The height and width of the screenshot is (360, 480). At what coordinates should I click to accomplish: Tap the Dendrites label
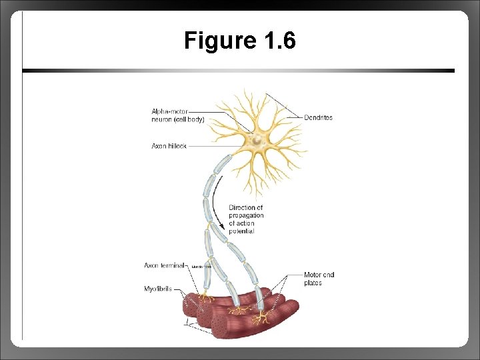pyautogui.click(x=318, y=118)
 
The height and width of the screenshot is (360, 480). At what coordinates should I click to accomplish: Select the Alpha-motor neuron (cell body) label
pyautogui.click(x=177, y=115)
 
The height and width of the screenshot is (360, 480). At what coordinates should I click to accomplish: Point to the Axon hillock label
pyautogui.click(x=169, y=146)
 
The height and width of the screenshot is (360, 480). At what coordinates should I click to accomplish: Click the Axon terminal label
pyautogui.click(x=165, y=265)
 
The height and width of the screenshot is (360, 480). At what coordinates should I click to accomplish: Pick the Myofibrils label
pyautogui.click(x=158, y=289)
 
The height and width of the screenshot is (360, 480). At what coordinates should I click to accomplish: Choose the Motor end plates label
pyautogui.click(x=319, y=279)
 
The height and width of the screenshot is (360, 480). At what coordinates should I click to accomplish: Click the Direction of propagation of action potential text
pyautogui.click(x=246, y=219)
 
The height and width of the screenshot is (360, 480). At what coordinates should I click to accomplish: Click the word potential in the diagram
pyautogui.click(x=241, y=231)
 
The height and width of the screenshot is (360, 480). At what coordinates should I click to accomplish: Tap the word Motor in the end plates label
pyautogui.click(x=312, y=275)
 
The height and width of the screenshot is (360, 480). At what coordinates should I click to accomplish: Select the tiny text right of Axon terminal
pyautogui.click(x=201, y=267)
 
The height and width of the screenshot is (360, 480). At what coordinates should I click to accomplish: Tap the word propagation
pyautogui.click(x=246, y=215)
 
